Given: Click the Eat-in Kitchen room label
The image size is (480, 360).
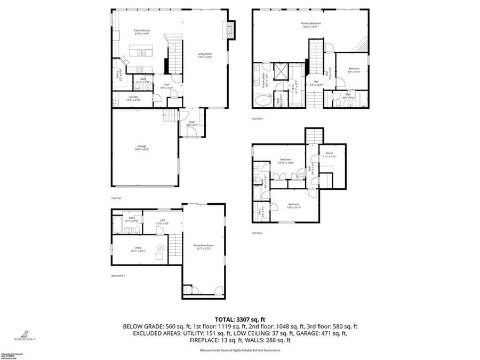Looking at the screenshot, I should point(141,32).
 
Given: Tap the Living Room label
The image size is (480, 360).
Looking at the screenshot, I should point(205,54).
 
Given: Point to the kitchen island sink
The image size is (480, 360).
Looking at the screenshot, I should point(141,53).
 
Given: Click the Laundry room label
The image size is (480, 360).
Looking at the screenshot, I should point(132,98).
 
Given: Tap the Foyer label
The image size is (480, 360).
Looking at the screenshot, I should point(191,123).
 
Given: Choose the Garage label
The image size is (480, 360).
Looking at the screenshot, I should point(141,147).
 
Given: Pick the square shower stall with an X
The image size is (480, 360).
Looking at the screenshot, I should point(280,71).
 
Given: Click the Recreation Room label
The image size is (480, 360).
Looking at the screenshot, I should point(203,246).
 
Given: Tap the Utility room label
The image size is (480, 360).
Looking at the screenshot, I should point(137,250).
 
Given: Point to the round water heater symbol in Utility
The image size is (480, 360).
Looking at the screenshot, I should point(159,246).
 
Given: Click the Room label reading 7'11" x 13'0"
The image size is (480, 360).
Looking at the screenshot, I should point(330,156).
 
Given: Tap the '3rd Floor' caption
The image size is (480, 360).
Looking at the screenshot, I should point(257,233).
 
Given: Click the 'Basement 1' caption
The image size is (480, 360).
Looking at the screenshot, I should point(118,276).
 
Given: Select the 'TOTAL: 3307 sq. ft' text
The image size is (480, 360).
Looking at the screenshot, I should point(240,318).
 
